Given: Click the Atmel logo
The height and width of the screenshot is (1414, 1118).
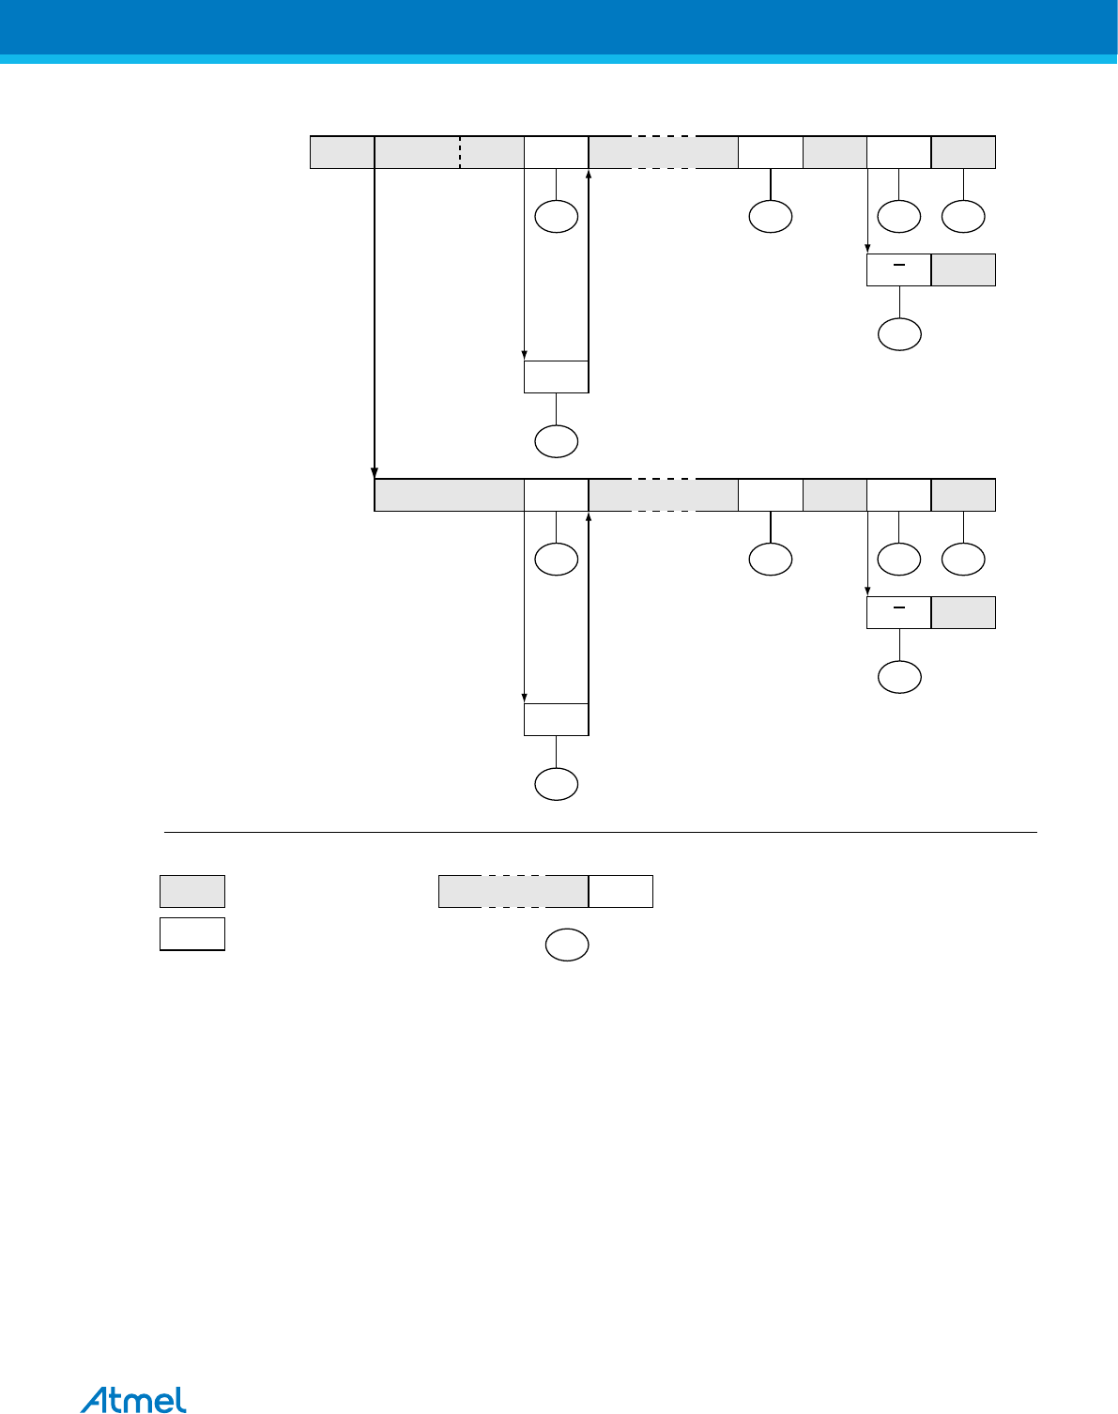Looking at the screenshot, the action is (133, 1399).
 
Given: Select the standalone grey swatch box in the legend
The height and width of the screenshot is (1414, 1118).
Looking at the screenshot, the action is (192, 891).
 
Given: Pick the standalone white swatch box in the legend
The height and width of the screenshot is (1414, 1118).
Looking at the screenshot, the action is (192, 934).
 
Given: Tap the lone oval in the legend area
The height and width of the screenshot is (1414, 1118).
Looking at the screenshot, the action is (567, 945).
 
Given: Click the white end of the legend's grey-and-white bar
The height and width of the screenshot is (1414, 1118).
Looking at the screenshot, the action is (620, 891).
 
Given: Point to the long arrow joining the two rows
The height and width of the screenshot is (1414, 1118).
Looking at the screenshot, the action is (375, 319).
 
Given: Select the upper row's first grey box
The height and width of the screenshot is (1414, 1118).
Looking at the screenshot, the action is (343, 152).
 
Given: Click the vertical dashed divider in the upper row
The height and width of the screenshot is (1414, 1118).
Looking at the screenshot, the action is (460, 152).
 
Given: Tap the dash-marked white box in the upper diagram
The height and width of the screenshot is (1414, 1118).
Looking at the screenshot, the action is (898, 269).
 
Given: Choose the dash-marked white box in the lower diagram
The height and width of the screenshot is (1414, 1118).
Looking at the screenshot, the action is (898, 612).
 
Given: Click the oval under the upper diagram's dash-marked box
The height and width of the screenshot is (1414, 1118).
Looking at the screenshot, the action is (899, 334).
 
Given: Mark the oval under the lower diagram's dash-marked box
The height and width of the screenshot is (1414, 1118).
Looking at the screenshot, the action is (899, 677).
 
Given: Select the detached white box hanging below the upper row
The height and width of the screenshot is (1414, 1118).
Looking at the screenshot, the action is (556, 377).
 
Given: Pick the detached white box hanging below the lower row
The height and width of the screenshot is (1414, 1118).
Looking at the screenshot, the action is (556, 719).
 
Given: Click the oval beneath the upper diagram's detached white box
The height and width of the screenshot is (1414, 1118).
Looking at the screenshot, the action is (556, 441).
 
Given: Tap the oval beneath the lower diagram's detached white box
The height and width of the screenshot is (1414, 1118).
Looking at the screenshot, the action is (556, 784).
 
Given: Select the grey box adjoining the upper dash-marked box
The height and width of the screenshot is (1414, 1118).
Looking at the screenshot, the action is (963, 269).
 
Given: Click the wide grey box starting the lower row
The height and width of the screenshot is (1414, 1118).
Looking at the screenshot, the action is (449, 495).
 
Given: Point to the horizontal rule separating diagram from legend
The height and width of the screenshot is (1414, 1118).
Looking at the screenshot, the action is (601, 832).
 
